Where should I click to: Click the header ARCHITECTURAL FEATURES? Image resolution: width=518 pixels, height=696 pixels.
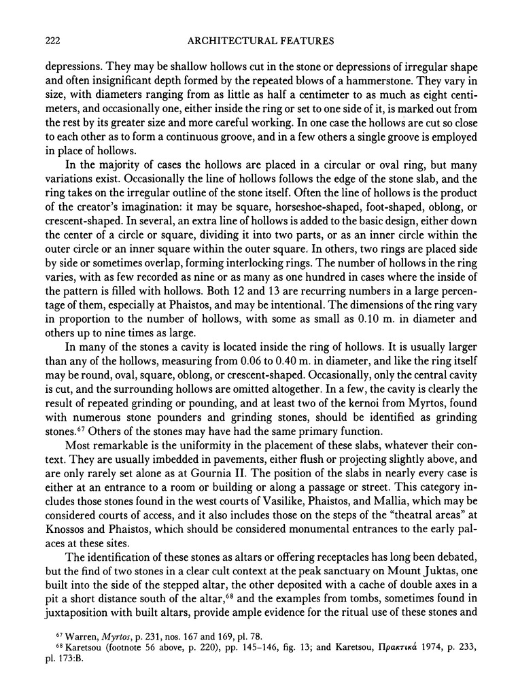[x=258, y=41]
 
